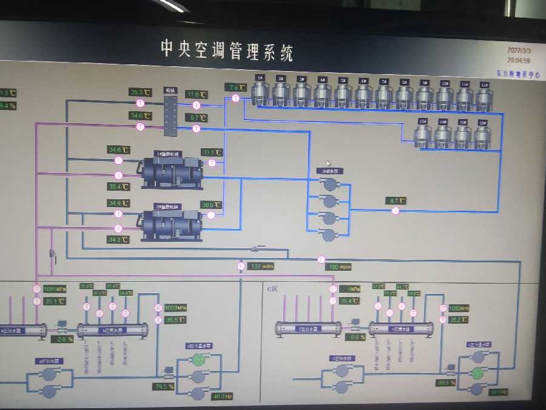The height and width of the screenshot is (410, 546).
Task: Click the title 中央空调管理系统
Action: [x=227, y=50]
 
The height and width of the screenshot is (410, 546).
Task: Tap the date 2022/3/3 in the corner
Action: [x=519, y=52]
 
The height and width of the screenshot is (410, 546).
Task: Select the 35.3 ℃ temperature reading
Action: [x=141, y=92]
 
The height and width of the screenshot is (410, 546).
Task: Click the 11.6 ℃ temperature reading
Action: [x=197, y=94]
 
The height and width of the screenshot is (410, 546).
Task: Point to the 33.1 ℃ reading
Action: [x=212, y=152]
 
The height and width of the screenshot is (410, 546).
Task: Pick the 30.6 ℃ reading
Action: [x=211, y=205]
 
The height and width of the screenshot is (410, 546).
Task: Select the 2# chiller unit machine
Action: [x=171, y=224]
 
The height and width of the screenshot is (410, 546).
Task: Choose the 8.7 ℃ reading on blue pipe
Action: [x=396, y=200]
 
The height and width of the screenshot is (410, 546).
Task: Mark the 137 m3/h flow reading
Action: [x=262, y=266]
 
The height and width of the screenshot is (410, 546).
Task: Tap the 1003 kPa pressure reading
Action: [x=175, y=307]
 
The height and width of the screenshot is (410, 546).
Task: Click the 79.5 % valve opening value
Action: [x=163, y=386]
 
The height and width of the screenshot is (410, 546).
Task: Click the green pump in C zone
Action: [x=478, y=372]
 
